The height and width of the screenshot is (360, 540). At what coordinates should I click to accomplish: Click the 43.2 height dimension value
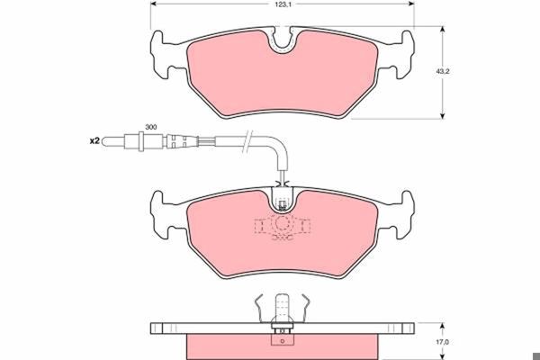pyautogui.click(x=443, y=72)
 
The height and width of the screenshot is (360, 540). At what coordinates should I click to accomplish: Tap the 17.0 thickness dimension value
pyautogui.click(x=444, y=342)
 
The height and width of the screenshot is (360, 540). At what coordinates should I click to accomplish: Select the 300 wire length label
pyautogui.click(x=151, y=127)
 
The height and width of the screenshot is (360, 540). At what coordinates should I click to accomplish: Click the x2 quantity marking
pyautogui.click(x=94, y=141)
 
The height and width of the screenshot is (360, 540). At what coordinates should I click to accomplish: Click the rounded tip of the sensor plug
pyautogui.click(x=105, y=141)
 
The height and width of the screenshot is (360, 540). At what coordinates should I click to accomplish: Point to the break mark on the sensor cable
pyautogui.click(x=247, y=141)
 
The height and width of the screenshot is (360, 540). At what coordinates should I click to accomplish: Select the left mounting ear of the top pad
pyautogui.click(x=158, y=55)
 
